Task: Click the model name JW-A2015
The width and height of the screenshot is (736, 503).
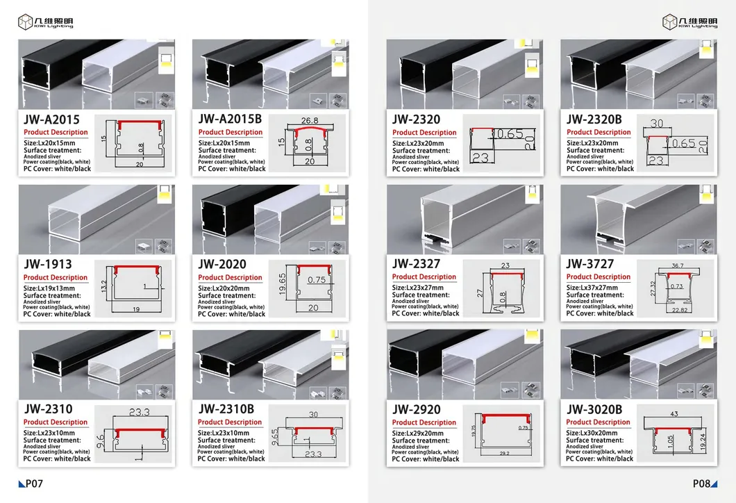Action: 53,119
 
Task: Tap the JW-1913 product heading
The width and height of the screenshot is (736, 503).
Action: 47,265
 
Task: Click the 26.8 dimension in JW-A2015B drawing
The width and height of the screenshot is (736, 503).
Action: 309,119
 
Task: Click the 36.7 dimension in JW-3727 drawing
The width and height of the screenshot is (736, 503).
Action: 677,265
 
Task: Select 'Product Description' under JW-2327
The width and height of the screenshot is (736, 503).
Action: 424,277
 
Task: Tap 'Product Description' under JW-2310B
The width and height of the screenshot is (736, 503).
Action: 229,422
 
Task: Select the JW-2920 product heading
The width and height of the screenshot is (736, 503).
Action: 417,409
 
